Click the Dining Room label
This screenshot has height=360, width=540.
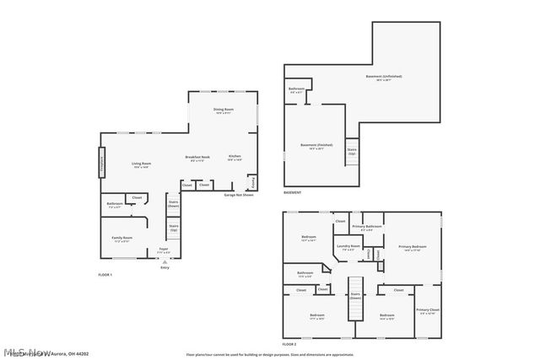(223, 110)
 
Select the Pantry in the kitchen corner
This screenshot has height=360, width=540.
(251, 181)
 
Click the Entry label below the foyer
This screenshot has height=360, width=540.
(165, 267)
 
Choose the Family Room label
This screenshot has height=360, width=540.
(122, 239)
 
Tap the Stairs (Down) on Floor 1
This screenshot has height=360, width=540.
(174, 203)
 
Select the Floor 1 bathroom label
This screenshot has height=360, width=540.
(115, 204)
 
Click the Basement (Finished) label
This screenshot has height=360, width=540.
(316, 146)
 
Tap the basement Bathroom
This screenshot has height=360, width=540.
(296, 90)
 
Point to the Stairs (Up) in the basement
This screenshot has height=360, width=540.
(352, 152)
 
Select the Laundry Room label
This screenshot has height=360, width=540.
(348, 247)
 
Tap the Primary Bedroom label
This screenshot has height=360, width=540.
(413, 248)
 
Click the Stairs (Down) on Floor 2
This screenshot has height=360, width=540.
(355, 295)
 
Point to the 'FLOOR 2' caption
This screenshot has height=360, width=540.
(289, 344)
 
